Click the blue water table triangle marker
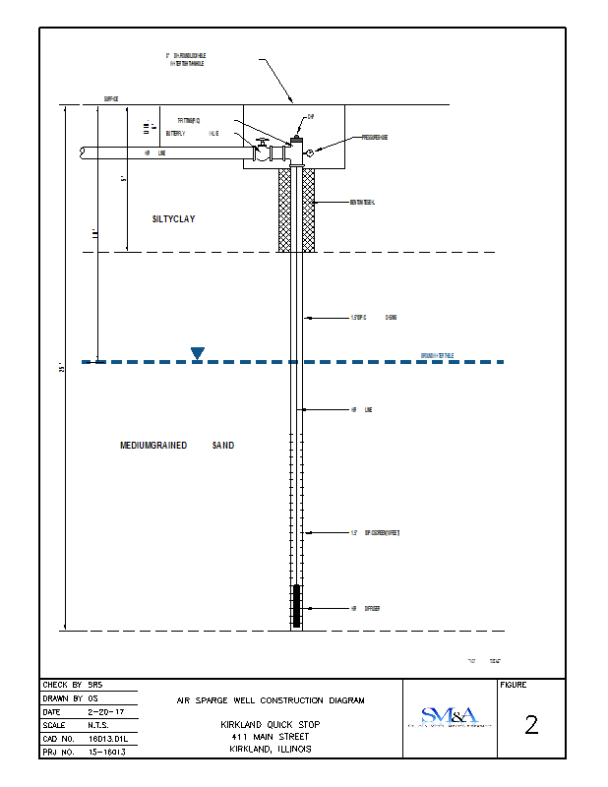[x=198, y=353]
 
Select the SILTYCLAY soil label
[x=173, y=219]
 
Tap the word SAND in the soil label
[x=223, y=446]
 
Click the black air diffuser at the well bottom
[x=297, y=606]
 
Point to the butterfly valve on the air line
[x=262, y=152]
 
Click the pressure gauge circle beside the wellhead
[x=309, y=152]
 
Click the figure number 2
[x=531, y=726]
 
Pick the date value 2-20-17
[x=106, y=711]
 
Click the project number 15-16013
[x=107, y=752]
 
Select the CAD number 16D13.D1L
[x=107, y=738]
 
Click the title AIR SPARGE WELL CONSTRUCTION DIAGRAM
[x=270, y=700]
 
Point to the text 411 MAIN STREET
[x=270, y=736]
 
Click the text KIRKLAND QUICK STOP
[x=270, y=723]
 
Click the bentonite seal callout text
[x=363, y=203]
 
